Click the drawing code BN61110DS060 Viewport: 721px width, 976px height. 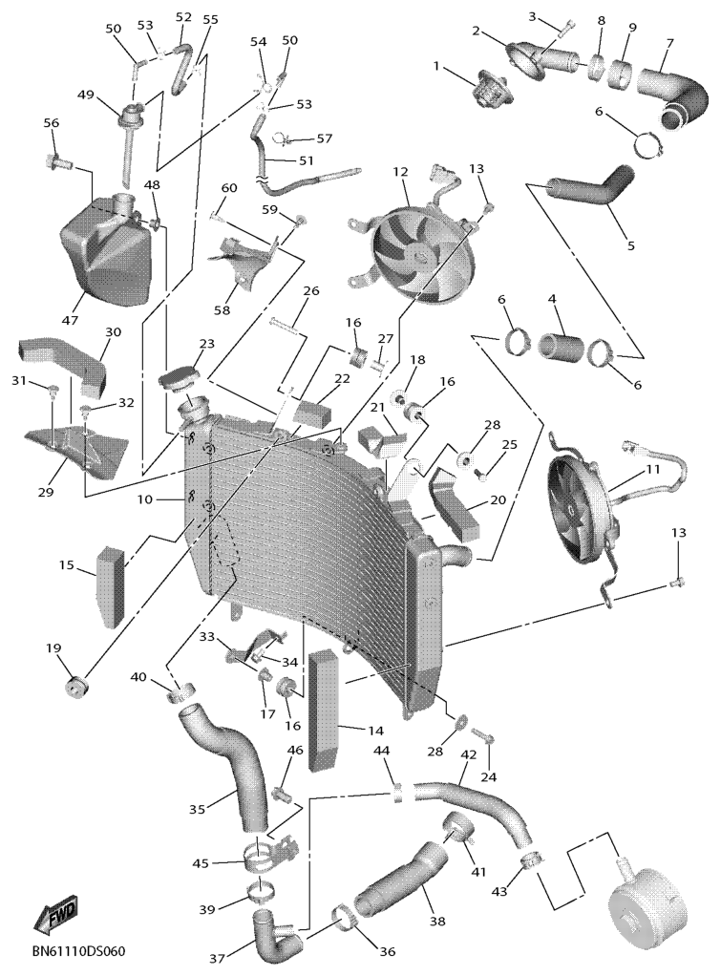(78, 953)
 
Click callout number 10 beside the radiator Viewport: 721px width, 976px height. (144, 499)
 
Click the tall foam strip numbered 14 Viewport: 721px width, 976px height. (325, 710)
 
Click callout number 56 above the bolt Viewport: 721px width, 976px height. (52, 123)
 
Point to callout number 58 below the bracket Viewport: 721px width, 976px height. (222, 310)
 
